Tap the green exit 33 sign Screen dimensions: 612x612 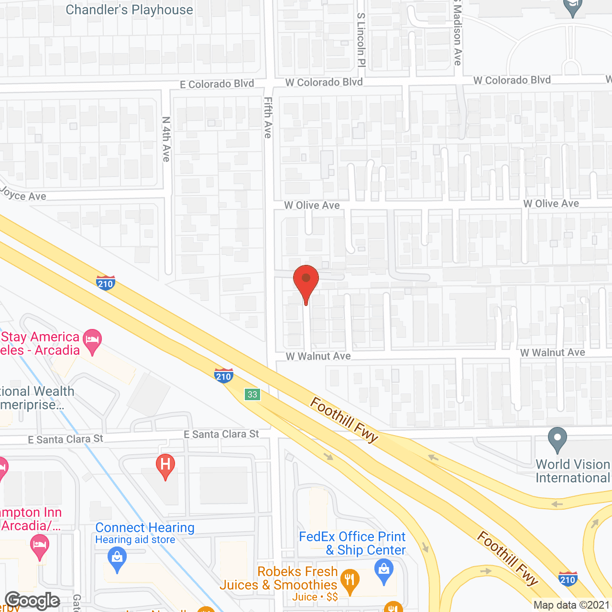click(252, 394)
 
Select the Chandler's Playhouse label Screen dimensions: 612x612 click(129, 10)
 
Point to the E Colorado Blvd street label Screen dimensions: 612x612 click(217, 84)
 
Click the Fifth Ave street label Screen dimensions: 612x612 click(268, 118)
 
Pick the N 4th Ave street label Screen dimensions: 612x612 click(166, 139)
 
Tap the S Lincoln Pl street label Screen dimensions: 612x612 click(361, 39)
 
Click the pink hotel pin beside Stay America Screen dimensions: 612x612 click(92, 341)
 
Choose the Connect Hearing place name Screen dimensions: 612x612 click(145, 527)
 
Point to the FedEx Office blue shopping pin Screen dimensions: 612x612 click(384, 571)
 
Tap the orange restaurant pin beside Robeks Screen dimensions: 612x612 click(350, 581)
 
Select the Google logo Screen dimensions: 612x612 click(33, 601)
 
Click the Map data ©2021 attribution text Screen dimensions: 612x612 click(571, 605)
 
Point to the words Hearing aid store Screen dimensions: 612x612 click(135, 540)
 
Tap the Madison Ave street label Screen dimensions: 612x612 click(458, 33)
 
